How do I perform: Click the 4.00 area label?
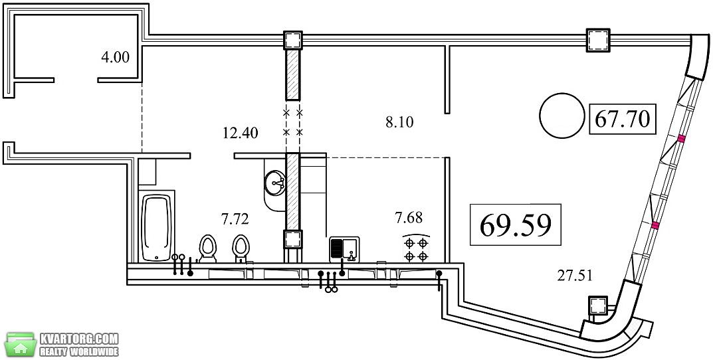[x=115, y=58]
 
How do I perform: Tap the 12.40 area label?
[x=241, y=134]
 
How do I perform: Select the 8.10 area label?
[x=399, y=122]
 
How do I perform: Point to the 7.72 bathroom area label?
[x=235, y=220]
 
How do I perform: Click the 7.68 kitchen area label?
[x=409, y=218]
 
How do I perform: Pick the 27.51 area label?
[x=575, y=275]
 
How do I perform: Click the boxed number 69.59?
[x=515, y=225]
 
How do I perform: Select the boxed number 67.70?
[x=622, y=119]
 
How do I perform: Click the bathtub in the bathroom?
[x=156, y=228]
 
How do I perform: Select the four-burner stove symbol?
[x=416, y=249]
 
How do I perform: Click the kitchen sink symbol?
[x=344, y=249]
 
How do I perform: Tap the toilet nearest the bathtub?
[x=208, y=248]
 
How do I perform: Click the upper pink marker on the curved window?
[x=680, y=139]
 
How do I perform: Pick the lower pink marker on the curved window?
[x=655, y=225]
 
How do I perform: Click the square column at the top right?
[x=598, y=41]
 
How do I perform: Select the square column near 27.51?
[x=599, y=305]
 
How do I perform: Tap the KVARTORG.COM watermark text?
[x=79, y=339]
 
